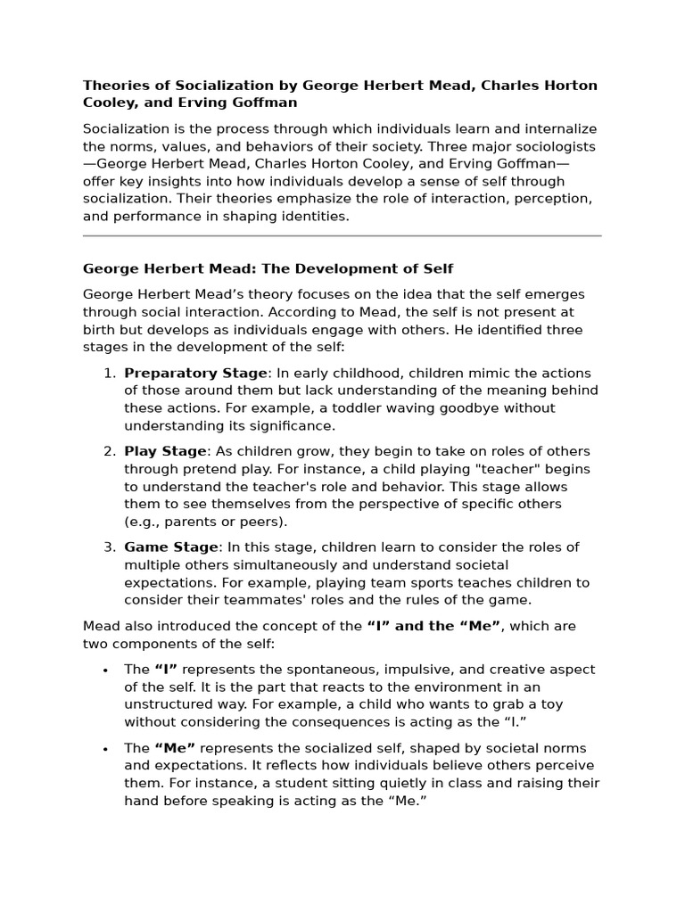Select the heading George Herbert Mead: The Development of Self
[x=268, y=268]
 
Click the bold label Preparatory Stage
[x=195, y=374]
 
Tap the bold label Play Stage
[x=165, y=452]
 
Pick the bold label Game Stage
[x=171, y=547]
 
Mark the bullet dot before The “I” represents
[x=106, y=670]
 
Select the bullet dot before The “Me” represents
[x=106, y=749]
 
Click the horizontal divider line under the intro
[x=342, y=236]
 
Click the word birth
[x=102, y=330]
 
